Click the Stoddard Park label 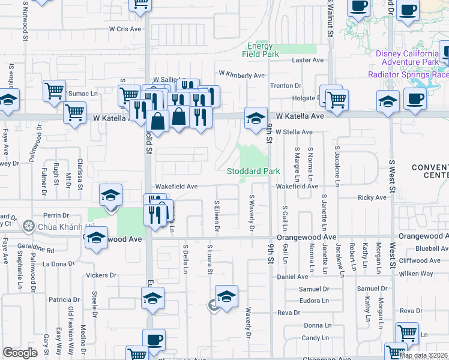pyautogui.click(x=253, y=172)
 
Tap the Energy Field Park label pyautogui.click(x=261, y=50)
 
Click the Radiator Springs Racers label pyautogui.click(x=408, y=74)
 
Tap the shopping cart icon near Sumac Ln pyautogui.click(x=54, y=92)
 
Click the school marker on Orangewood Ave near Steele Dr pyautogui.click(x=96, y=238)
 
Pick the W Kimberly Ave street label pyautogui.click(x=241, y=75)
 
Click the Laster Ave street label pyautogui.click(x=307, y=61)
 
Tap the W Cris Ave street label pyautogui.click(x=125, y=28)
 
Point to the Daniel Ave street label pyautogui.click(x=292, y=277)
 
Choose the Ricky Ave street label pyautogui.click(x=372, y=197)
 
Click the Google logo pyautogui.click(x=20, y=353)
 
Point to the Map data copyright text pyautogui.click(x=423, y=355)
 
